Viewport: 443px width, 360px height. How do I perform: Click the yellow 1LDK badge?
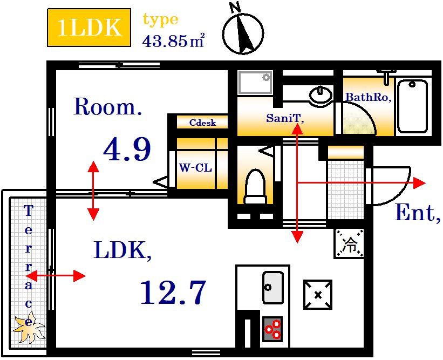89,28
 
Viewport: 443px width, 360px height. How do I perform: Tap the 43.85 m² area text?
173,41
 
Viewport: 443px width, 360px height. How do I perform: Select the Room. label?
107,106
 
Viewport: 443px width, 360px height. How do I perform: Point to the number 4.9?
127,148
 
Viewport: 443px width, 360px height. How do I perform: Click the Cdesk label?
202,123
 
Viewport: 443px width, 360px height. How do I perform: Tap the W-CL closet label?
195,168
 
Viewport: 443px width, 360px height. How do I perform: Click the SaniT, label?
285,118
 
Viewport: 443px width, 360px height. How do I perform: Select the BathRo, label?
369,97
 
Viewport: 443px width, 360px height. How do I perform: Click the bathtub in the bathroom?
412,106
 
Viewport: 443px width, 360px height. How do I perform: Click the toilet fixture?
255,187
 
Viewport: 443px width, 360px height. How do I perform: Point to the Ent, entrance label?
418,213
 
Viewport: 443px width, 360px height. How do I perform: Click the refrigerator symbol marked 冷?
349,243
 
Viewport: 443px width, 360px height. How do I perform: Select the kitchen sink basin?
272,288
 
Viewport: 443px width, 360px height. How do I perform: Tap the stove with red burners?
272,329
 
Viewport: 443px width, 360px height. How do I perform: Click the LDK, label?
122,250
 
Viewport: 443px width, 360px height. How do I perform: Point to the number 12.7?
173,292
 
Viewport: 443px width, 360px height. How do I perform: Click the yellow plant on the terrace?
29,328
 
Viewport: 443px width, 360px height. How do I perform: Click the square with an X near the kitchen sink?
318,295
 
